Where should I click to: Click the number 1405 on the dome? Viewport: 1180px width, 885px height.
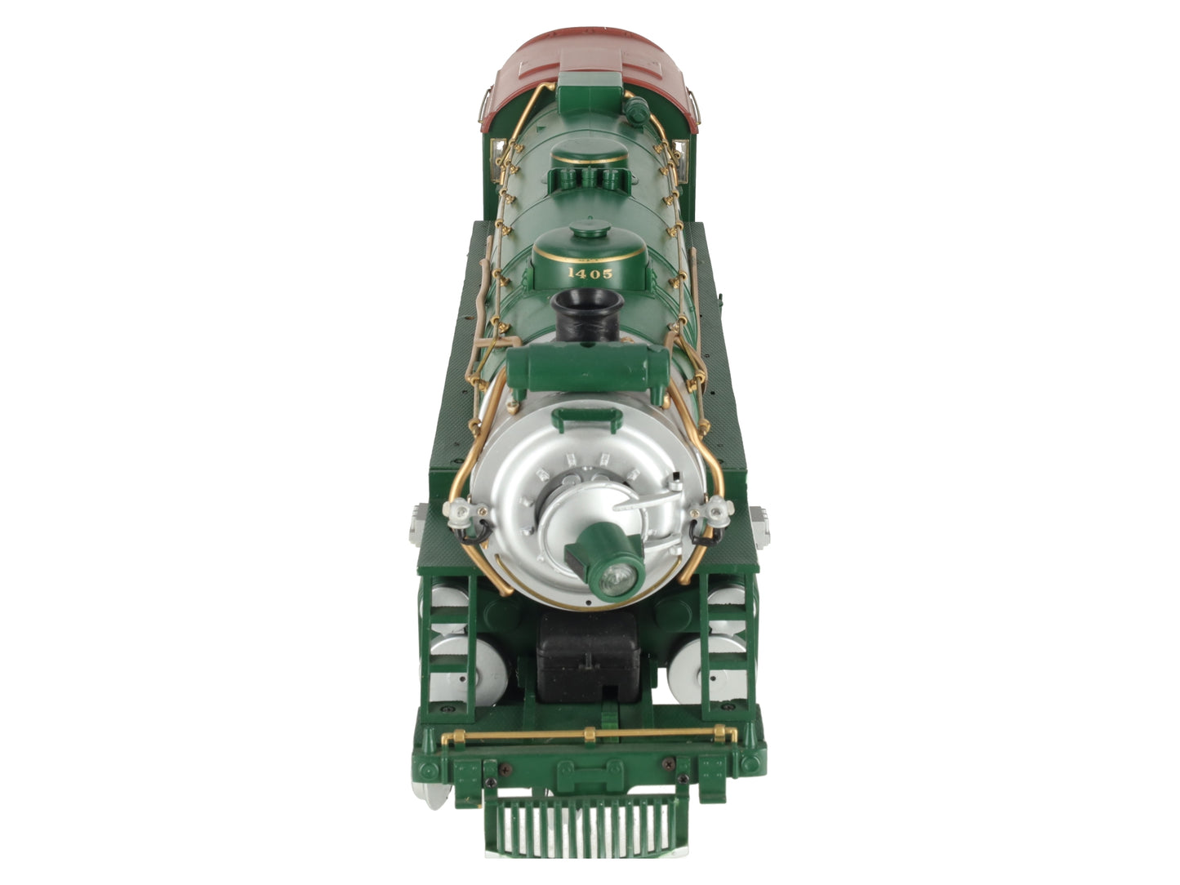590,273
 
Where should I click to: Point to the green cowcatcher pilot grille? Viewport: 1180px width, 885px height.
587,825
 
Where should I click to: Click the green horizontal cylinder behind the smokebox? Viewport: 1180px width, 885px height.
588,368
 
